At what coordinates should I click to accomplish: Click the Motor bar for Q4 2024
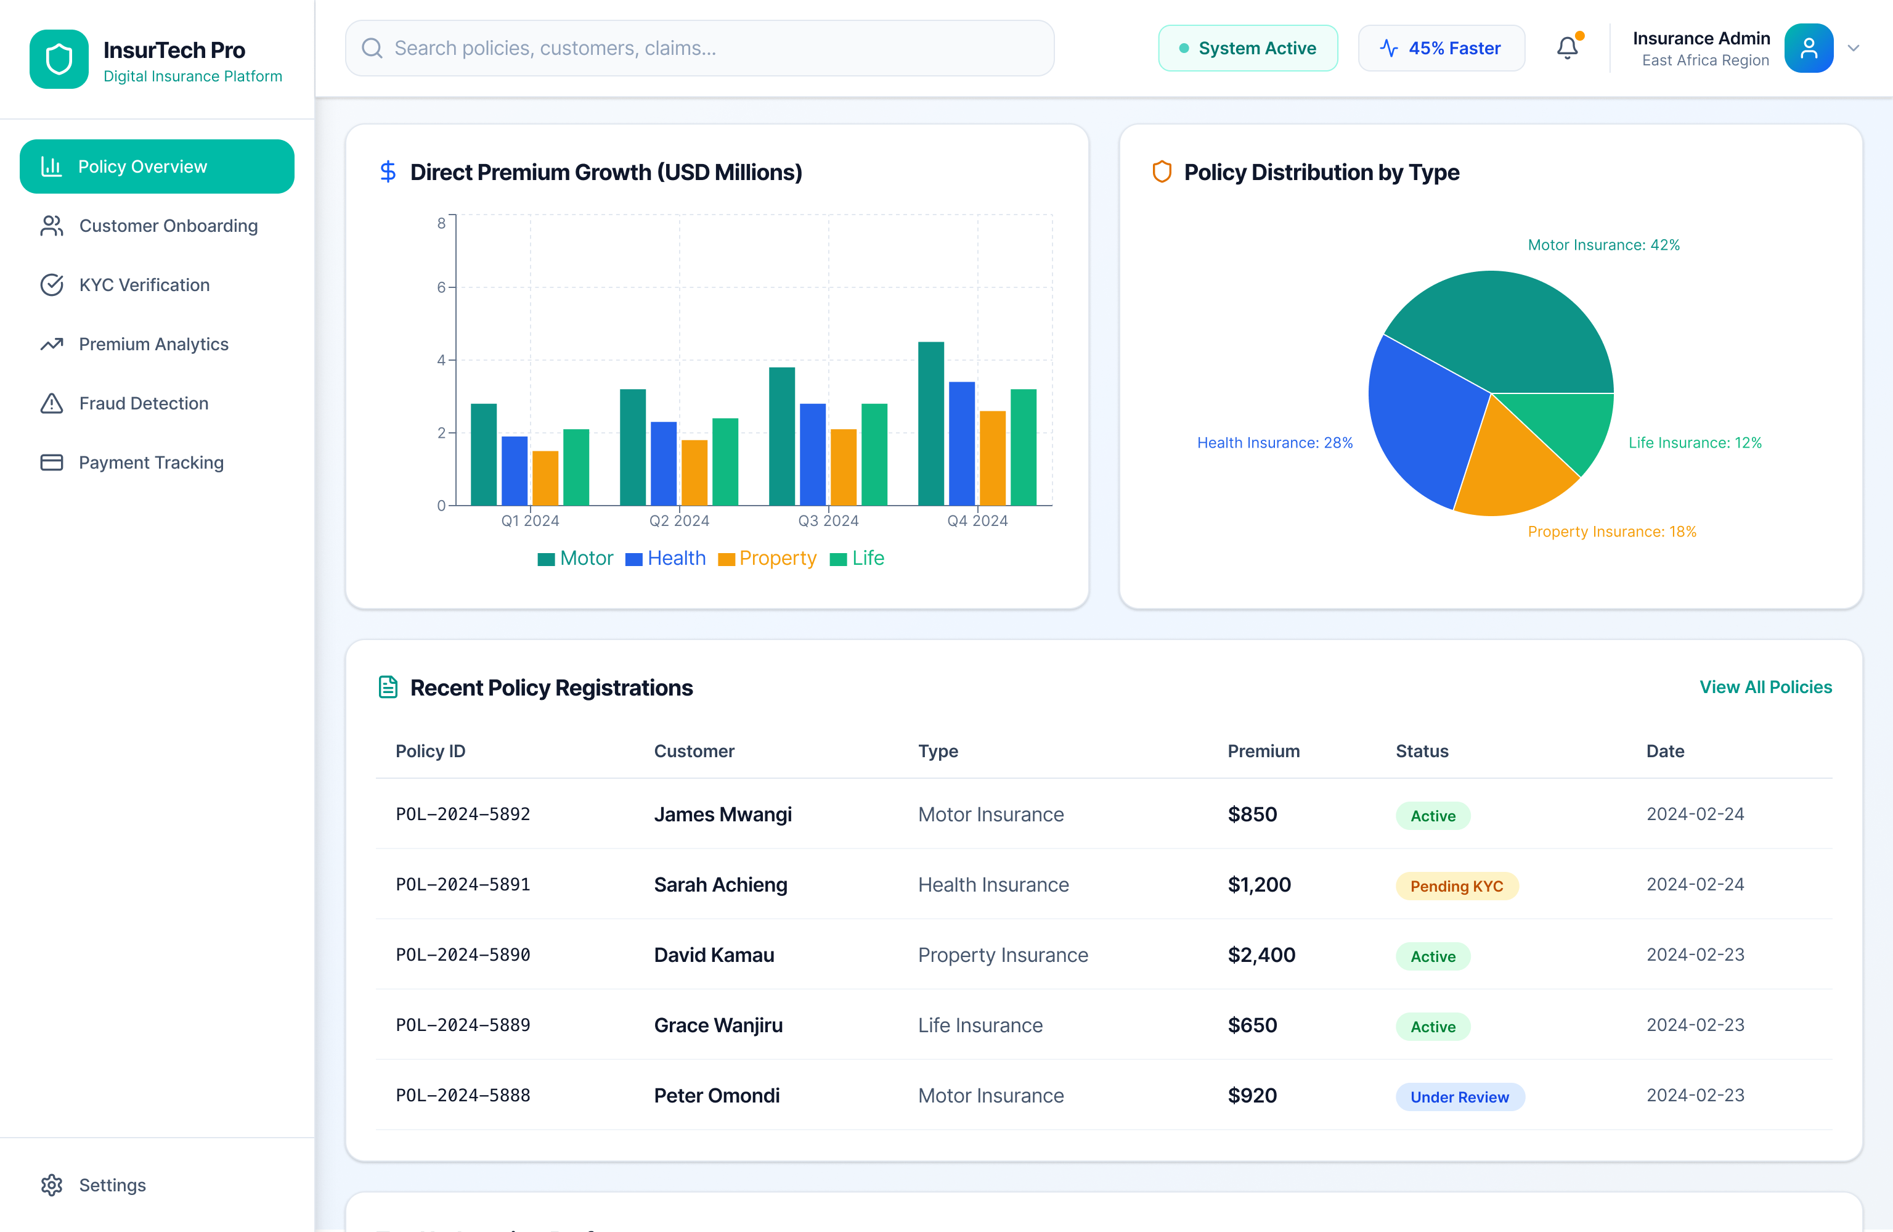pos(930,424)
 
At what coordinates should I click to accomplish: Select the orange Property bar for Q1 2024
pos(545,478)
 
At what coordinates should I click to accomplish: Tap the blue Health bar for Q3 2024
pos(812,454)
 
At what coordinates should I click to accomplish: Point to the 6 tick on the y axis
pos(441,287)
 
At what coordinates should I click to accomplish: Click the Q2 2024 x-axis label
pos(678,520)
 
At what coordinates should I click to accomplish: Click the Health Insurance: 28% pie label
pos(1274,443)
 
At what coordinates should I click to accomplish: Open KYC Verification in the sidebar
pos(144,285)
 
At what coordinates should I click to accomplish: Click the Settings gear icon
pos(52,1185)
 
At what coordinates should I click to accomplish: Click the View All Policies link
pos(1765,687)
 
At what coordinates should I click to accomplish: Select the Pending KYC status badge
pos(1456,886)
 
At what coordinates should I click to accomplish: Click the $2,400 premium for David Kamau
pos(1261,955)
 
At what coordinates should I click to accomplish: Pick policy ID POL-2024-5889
pos(463,1025)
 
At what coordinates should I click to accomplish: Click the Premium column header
pos(1263,751)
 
